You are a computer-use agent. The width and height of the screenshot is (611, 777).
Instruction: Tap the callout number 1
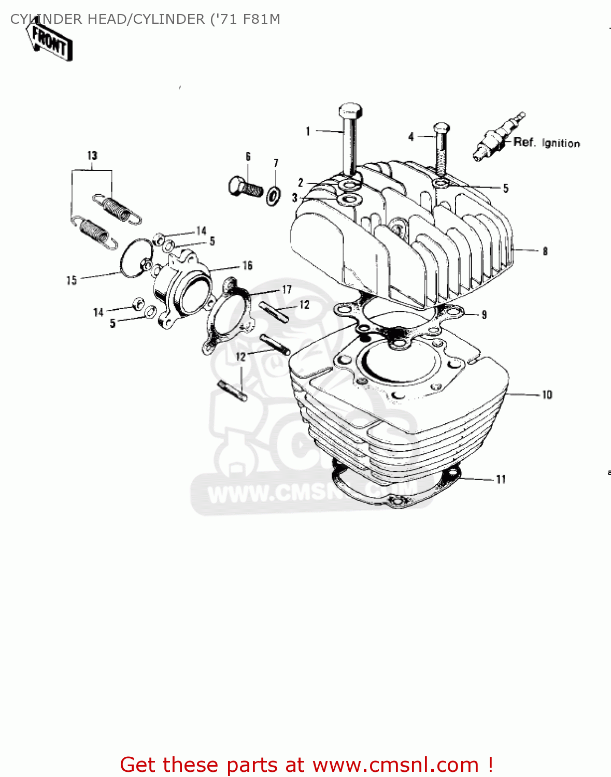308,132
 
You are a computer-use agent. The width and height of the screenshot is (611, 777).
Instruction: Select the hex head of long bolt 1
350,110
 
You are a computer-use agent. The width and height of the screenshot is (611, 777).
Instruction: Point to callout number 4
411,137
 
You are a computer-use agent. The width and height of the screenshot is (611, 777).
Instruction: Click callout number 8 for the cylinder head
545,252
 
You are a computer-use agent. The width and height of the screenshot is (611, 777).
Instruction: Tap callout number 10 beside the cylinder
547,395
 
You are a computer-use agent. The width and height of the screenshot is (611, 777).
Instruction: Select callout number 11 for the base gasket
501,480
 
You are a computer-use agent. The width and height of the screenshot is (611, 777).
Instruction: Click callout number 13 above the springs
92,155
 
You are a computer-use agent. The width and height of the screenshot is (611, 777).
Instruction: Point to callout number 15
72,280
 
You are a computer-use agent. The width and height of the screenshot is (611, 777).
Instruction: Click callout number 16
248,266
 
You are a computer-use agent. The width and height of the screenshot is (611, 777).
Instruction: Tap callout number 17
287,290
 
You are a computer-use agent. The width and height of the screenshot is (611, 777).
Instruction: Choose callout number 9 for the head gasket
484,314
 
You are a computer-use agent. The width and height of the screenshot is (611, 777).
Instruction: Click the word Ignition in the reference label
561,143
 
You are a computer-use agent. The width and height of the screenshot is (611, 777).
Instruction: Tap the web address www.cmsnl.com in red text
396,765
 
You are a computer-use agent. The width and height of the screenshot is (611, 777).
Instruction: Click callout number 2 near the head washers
301,182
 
